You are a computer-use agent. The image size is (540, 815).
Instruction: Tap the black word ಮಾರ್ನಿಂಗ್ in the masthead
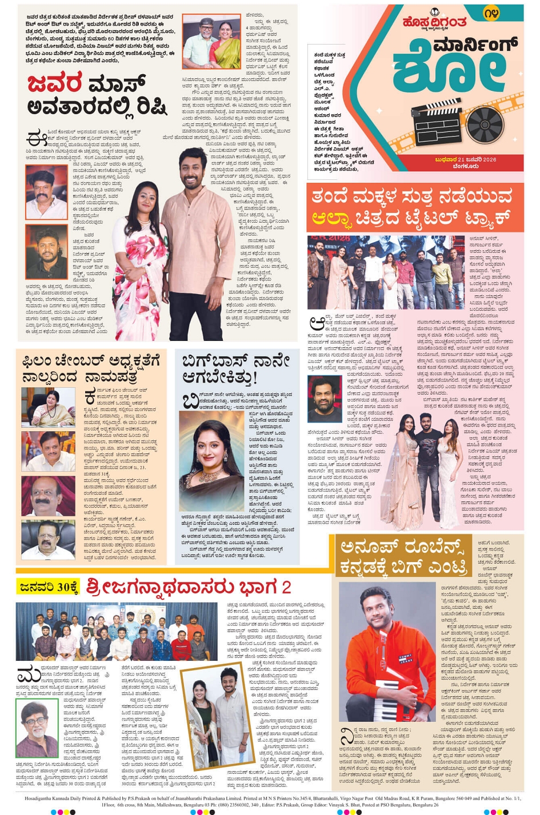point(475,45)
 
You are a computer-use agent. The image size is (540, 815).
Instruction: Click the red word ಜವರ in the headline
point(55,84)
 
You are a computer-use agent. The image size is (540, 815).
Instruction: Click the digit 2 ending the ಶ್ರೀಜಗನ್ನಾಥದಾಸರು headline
point(286,587)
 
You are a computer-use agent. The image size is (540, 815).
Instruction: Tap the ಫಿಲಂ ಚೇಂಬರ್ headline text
point(90,368)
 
